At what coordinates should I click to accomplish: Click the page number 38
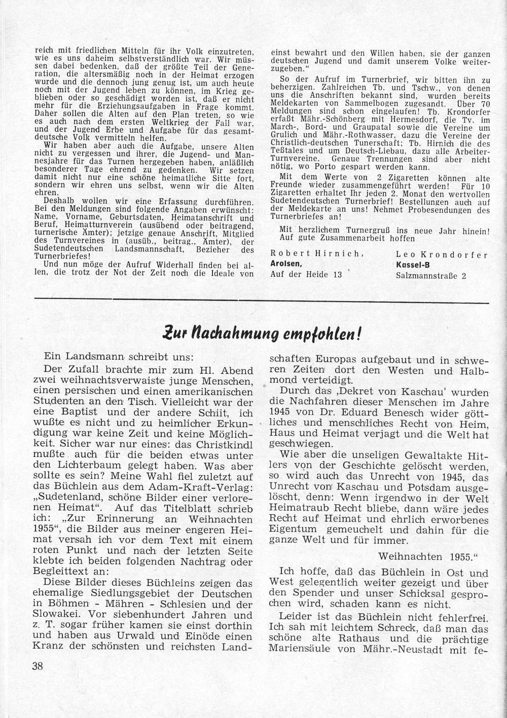point(37,666)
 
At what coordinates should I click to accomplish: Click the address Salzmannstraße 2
point(430,276)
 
